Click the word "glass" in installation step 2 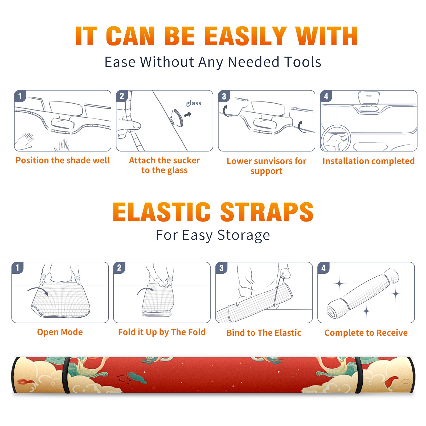pos(194,103)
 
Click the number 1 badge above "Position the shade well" pos(20,96)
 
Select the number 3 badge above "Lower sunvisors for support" pos(224,96)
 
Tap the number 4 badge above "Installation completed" pos(326,96)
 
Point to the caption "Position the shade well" pos(63,160)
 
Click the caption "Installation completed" pos(368,161)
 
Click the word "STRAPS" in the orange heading pos(267,212)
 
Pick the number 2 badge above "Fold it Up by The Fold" pos(119,268)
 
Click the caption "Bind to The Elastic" pos(264,333)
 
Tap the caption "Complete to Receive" pos(366,333)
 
